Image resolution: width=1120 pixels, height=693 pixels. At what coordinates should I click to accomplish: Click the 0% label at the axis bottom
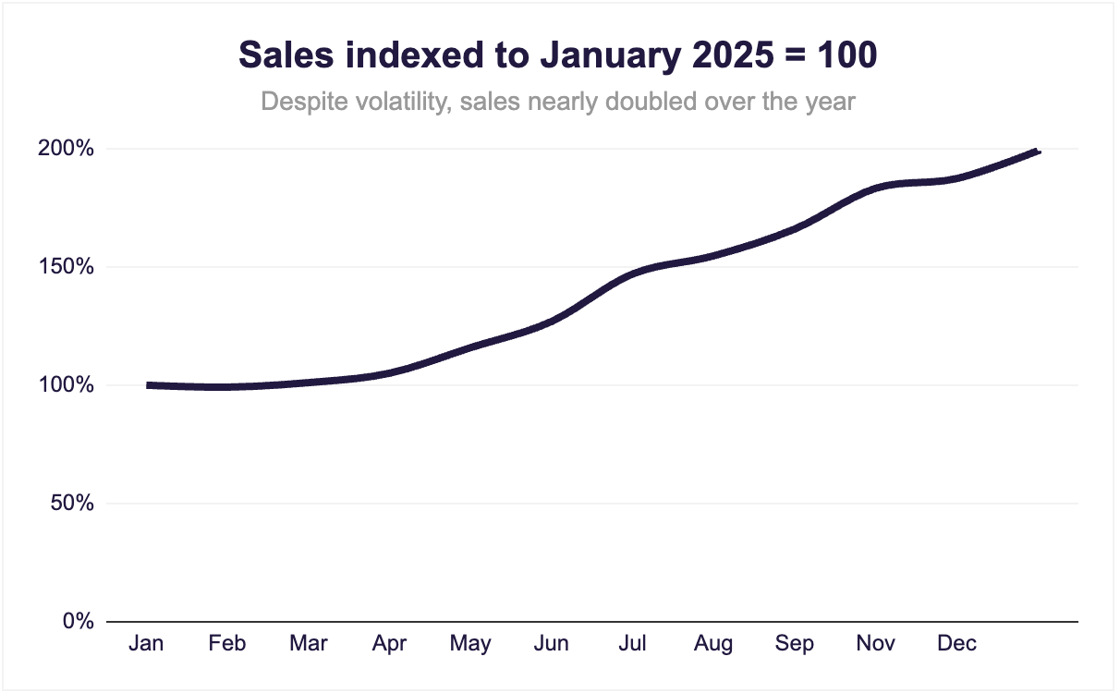(x=79, y=622)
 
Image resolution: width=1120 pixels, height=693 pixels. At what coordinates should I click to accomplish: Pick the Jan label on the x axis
(x=146, y=644)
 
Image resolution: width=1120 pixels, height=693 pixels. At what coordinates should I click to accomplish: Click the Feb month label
(x=227, y=644)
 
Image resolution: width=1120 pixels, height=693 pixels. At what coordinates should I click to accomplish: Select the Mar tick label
(x=308, y=644)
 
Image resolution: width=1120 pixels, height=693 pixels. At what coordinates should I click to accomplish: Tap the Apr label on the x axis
(x=389, y=644)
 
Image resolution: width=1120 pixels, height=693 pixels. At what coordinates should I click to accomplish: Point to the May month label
(x=470, y=644)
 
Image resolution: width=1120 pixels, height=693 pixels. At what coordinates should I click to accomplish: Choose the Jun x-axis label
(x=552, y=644)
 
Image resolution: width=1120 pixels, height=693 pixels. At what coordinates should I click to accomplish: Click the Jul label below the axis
(x=632, y=644)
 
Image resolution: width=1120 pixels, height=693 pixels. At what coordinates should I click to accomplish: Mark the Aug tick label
(x=713, y=644)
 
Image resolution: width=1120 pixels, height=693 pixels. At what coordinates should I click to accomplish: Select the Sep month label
(x=795, y=644)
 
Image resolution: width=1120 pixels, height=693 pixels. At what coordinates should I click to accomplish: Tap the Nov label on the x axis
(x=876, y=644)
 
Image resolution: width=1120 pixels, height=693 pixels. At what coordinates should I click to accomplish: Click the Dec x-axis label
(x=956, y=644)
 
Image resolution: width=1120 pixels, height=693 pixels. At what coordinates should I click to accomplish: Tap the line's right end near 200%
(x=1038, y=152)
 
